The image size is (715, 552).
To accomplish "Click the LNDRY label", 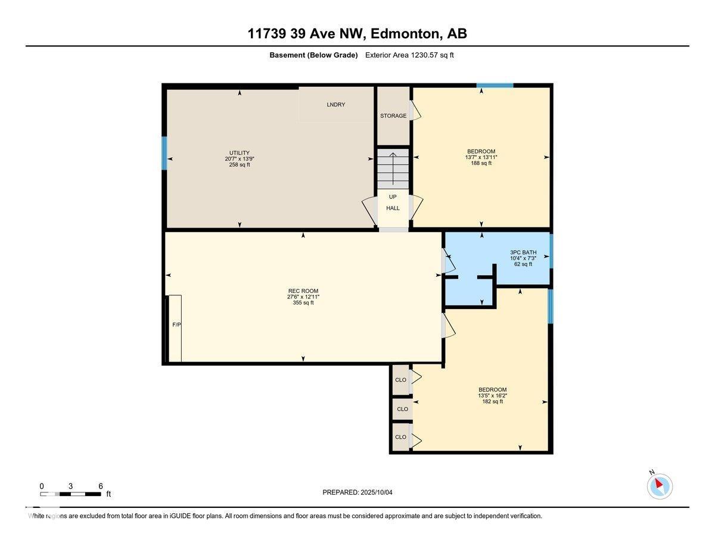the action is click(x=335, y=105).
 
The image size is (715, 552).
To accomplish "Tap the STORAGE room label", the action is click(x=393, y=116).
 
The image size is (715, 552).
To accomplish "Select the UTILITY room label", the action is click(x=239, y=153).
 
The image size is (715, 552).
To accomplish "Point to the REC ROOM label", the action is click(x=303, y=291).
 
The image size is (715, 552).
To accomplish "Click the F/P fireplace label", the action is click(x=177, y=325).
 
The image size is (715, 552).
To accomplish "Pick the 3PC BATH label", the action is click(x=523, y=252).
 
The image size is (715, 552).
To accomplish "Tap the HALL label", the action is click(x=393, y=208).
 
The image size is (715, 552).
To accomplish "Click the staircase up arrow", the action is click(x=393, y=169).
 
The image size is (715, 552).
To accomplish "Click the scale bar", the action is click(x=70, y=494).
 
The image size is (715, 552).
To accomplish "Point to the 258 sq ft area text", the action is click(x=240, y=165).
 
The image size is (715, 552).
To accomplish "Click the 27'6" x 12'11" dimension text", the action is click(x=303, y=297).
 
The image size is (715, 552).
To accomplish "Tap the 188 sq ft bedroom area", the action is click(x=481, y=163).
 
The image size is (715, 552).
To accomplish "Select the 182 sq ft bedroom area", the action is click(x=492, y=401).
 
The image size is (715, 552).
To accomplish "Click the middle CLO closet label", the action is click(x=402, y=409).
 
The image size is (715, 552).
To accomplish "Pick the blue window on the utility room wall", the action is click(x=164, y=153).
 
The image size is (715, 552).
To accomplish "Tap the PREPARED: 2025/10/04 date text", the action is click(x=357, y=492).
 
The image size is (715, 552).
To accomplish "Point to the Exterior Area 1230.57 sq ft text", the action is click(x=409, y=55).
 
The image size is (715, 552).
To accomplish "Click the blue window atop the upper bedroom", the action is click(x=495, y=86).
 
